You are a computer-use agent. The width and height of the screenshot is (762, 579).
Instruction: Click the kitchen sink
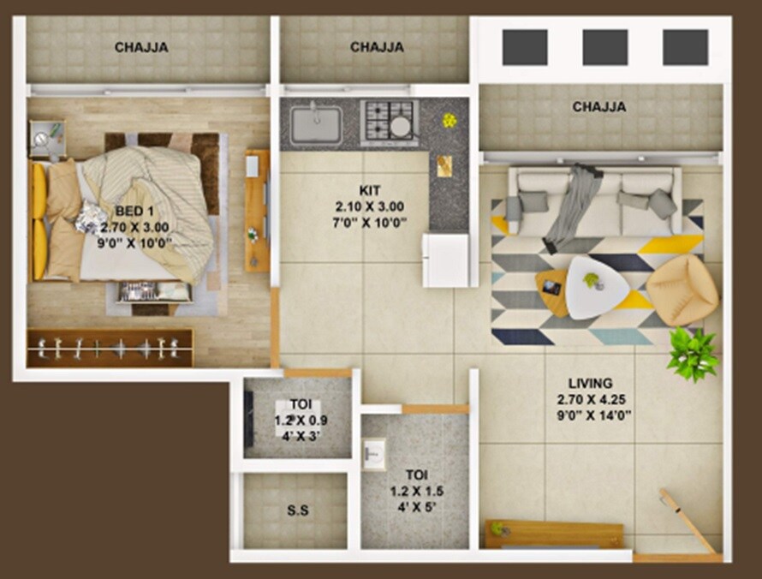(315, 125)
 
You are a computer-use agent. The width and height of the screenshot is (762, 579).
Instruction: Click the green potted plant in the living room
(693, 353)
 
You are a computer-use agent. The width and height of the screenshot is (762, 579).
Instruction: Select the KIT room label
(369, 190)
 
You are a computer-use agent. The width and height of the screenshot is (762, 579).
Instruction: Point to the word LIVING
(590, 383)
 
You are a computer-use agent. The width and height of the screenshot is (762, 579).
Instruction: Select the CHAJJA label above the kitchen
(377, 48)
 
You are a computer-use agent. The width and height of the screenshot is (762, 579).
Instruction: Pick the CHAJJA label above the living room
(598, 107)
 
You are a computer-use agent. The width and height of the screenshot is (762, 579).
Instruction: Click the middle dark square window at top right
(604, 47)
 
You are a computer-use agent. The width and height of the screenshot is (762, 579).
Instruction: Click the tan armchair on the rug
(682, 291)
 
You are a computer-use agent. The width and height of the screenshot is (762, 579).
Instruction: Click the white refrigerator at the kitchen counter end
(447, 259)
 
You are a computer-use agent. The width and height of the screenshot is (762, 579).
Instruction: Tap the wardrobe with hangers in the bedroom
(110, 348)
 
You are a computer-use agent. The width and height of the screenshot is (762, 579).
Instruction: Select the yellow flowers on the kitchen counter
(449, 121)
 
